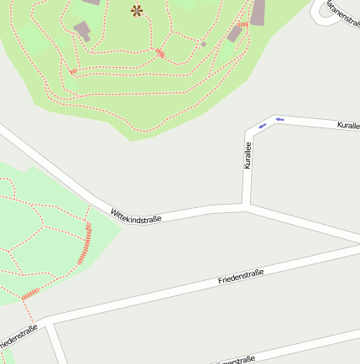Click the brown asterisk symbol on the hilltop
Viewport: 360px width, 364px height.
coord(136,11)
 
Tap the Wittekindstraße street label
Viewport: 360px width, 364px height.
coord(135,216)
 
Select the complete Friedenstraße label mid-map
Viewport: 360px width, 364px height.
coord(241,275)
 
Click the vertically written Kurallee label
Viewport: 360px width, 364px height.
coord(248,156)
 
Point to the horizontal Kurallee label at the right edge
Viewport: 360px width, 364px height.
coord(348,125)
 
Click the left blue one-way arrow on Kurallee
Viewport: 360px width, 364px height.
coord(263,125)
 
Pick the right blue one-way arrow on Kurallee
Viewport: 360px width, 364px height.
coord(279,119)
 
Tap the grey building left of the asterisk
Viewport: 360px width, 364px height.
coord(82,31)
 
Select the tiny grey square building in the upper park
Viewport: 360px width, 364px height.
coord(204,44)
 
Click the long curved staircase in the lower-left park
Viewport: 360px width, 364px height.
coord(86,244)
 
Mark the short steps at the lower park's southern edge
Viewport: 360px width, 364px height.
coord(30,293)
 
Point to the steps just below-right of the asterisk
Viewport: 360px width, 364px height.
coord(159,54)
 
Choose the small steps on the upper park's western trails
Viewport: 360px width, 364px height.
coord(73,71)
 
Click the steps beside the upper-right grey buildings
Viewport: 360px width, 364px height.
coord(244,24)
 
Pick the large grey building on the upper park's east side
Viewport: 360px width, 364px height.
coord(258,12)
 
